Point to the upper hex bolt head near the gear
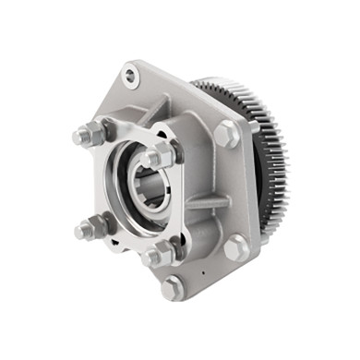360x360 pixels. (224, 135)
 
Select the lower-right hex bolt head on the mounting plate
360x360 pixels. (234, 246)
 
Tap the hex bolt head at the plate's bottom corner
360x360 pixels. (172, 288)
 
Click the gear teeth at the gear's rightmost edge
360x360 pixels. (283, 166)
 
